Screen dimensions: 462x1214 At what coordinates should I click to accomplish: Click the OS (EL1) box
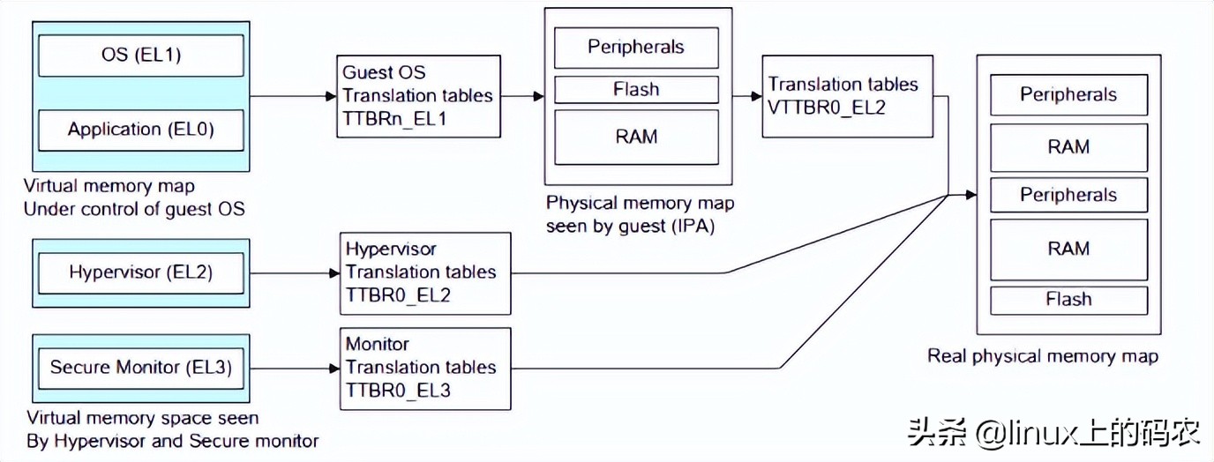pyautogui.click(x=141, y=56)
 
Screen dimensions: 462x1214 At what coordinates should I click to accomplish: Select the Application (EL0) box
pyautogui.click(x=141, y=130)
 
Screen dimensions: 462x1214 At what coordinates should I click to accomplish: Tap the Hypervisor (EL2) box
pyautogui.click(x=141, y=272)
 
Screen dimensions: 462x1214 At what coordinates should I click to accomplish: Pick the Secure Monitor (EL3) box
pyautogui.click(x=141, y=367)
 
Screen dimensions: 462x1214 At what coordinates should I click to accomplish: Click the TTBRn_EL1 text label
pyautogui.click(x=394, y=118)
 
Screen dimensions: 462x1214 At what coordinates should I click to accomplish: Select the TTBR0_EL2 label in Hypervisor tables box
pyautogui.click(x=398, y=294)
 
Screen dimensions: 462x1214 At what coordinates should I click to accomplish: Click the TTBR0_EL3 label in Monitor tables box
pyautogui.click(x=398, y=390)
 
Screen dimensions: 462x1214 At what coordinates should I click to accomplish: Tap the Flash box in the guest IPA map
pyautogui.click(x=636, y=90)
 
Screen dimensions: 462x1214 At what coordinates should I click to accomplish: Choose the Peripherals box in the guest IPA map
pyautogui.click(x=636, y=47)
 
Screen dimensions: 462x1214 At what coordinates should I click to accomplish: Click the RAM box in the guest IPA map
pyautogui.click(x=636, y=137)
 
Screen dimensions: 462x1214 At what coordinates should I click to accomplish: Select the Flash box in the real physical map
pyautogui.click(x=1068, y=300)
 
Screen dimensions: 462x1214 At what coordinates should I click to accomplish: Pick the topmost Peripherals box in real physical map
pyautogui.click(x=1068, y=94)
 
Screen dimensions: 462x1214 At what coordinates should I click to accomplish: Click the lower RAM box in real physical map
pyautogui.click(x=1068, y=250)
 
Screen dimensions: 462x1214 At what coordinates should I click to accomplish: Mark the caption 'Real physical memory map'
pyautogui.click(x=1042, y=356)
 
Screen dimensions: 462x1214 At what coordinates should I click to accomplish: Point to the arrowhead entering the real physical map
pyautogui.click(x=970, y=195)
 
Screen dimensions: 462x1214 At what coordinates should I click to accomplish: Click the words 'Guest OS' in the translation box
pyautogui.click(x=384, y=72)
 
